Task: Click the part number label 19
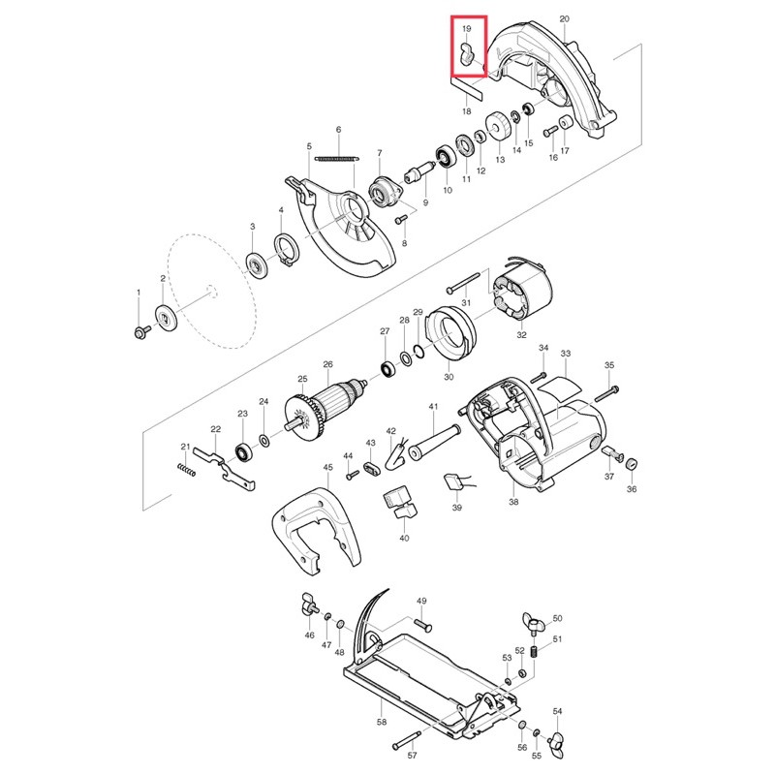(x=467, y=29)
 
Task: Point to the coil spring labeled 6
(x=337, y=159)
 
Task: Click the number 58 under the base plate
(x=382, y=722)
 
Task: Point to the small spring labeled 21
(x=186, y=470)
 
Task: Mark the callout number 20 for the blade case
(x=565, y=18)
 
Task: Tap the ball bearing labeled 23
(x=243, y=452)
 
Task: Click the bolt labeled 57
(x=407, y=740)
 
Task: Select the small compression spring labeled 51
(x=535, y=651)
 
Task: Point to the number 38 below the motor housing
(x=513, y=502)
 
